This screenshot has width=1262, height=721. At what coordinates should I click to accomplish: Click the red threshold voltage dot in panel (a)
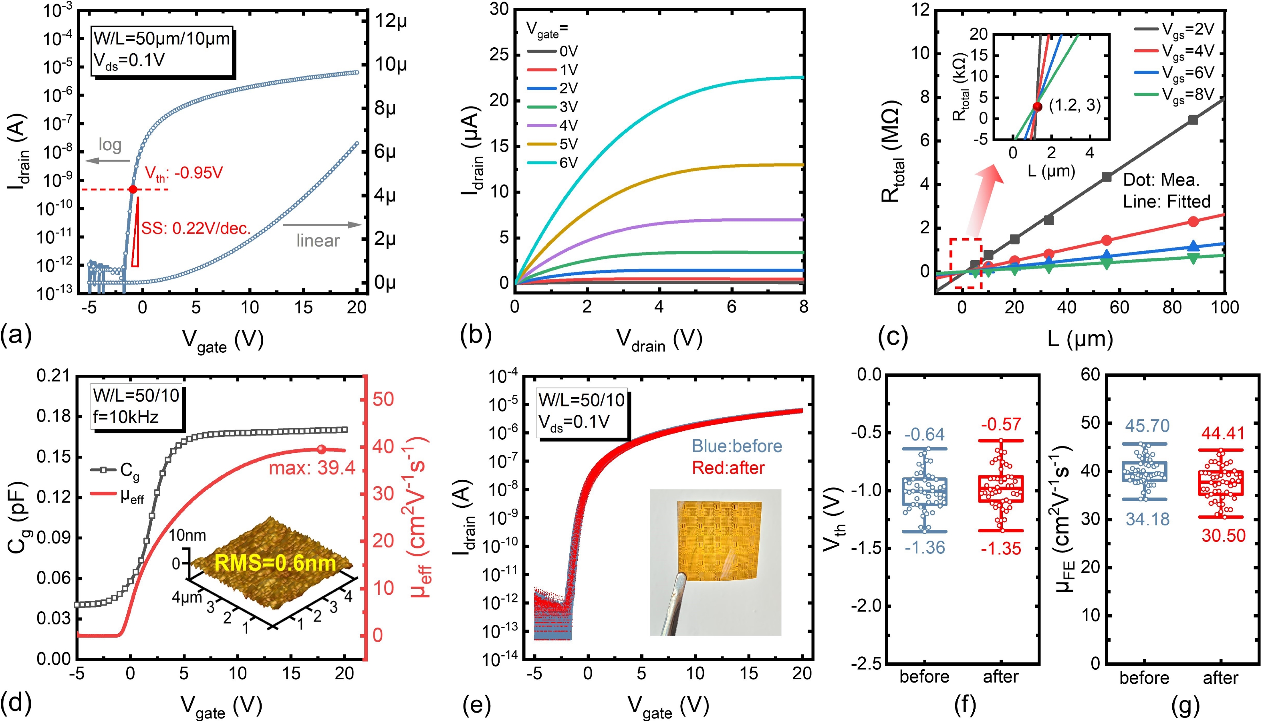pyautogui.click(x=133, y=189)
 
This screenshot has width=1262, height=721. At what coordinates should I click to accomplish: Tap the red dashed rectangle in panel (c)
pyautogui.click(x=965, y=263)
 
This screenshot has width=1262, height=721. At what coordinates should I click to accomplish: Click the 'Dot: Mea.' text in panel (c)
pyautogui.click(x=1161, y=180)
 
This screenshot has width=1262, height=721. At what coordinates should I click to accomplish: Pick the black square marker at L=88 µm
pyautogui.click(x=1193, y=120)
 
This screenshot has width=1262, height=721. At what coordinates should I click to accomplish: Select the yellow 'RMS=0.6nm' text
pyautogui.click(x=275, y=563)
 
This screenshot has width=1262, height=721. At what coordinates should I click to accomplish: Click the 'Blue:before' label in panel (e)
pyautogui.click(x=736, y=446)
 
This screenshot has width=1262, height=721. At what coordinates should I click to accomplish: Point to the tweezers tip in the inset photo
pyautogui.click(x=681, y=576)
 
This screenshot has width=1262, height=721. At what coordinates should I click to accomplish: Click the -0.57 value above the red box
pyautogui.click(x=1001, y=424)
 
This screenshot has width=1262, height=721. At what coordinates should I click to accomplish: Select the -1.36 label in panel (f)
pyautogui.click(x=925, y=548)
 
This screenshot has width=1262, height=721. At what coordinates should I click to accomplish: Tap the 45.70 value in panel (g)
pyautogui.click(x=1147, y=426)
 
